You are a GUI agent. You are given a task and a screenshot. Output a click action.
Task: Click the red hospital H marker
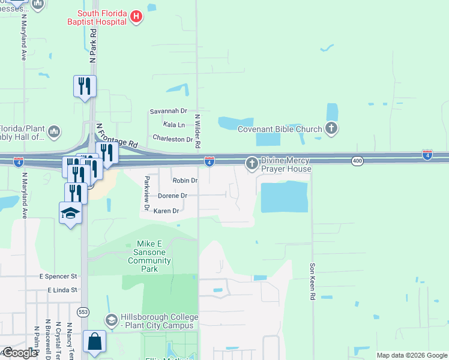click(136, 17)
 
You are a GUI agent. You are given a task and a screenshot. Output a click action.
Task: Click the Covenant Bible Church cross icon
click(331, 128)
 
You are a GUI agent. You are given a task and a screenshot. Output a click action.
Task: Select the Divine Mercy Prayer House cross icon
click(252, 163)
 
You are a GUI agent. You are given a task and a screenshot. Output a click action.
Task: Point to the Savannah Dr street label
click(169, 112)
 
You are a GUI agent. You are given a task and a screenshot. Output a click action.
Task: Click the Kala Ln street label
click(174, 125)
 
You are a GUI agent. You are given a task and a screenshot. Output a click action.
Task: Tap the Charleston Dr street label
click(172, 139)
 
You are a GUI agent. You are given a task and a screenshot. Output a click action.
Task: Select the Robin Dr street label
click(185, 181)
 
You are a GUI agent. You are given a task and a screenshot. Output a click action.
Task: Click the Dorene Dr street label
click(173, 196)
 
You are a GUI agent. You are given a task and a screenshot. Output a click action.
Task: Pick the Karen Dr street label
click(166, 211)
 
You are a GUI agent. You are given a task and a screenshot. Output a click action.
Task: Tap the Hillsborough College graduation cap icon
click(111, 321)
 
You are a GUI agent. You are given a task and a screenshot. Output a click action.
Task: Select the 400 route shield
click(358, 160)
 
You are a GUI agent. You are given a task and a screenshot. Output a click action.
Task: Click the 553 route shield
click(83, 312)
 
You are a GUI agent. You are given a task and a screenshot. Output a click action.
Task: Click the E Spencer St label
click(58, 277)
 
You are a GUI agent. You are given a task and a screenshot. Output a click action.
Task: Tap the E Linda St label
click(63, 290)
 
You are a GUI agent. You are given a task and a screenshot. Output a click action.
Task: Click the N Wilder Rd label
click(197, 133)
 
